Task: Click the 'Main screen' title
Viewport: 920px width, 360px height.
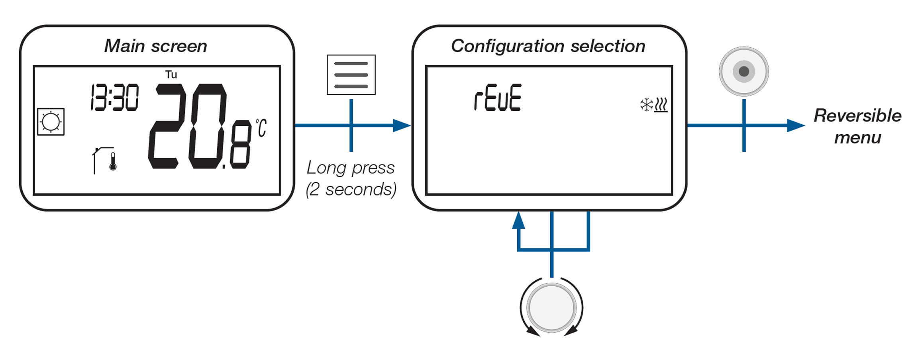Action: [156, 46]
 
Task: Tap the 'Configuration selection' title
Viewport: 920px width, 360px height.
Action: [548, 46]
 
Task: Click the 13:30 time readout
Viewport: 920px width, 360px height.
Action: [115, 97]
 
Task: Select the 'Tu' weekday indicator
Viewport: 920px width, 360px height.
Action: [171, 74]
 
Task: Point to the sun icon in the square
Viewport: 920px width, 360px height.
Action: [51, 122]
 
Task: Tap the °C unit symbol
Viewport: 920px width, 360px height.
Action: [261, 128]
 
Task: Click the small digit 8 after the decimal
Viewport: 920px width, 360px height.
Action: [241, 144]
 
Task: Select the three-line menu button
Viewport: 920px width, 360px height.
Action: [351, 75]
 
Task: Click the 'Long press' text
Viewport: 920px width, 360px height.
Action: [351, 168]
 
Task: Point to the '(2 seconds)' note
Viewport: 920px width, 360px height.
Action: [351, 189]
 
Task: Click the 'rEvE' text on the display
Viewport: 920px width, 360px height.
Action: [498, 98]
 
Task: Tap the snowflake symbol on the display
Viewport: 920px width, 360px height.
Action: [646, 105]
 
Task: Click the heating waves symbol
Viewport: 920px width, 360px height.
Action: [661, 105]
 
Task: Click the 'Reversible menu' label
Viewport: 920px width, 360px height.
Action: [857, 127]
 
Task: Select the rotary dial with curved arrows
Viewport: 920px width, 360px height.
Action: [551, 307]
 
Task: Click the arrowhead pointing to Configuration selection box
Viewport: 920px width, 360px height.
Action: [402, 125]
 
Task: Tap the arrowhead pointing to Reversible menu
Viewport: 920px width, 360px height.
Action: [796, 125]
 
